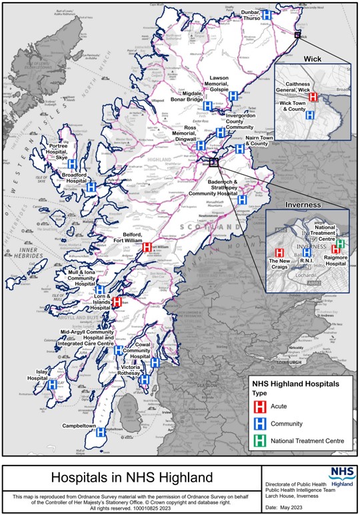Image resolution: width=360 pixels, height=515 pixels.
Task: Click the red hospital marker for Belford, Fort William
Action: point(147,247)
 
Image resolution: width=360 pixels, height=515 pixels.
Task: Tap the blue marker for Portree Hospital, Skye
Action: point(72,163)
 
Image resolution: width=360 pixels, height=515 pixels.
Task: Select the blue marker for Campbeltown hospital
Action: point(101,432)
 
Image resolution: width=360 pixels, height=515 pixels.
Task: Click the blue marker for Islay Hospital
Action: point(52,384)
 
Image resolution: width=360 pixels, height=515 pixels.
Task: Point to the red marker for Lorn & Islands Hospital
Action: point(116,302)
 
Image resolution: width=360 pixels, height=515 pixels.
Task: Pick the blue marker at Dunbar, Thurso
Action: point(267,14)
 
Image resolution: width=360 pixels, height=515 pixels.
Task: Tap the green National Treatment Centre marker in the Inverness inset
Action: point(340,243)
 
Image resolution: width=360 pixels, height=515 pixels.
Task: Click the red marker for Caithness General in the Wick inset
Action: point(313,97)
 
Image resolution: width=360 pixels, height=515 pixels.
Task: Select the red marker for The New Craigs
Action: point(280,253)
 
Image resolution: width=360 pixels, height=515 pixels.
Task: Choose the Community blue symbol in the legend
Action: point(261,424)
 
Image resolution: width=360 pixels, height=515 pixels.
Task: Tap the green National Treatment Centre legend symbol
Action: point(261,441)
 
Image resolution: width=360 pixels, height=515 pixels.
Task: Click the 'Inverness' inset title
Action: point(304,204)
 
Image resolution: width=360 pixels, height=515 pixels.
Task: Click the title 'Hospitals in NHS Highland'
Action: point(131,478)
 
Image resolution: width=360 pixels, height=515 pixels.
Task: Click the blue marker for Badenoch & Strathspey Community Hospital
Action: point(243,199)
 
